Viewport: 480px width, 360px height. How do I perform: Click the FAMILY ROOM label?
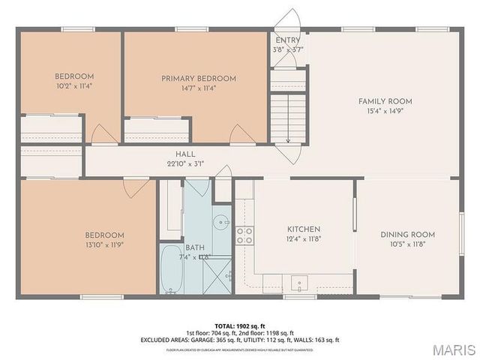385,101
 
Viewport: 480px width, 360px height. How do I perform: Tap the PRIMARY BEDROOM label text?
199,78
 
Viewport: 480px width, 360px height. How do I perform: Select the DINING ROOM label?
407,235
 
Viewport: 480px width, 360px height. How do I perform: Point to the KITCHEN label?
304,229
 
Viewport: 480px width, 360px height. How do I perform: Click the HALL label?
185,154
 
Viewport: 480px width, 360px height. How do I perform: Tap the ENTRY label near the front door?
288,40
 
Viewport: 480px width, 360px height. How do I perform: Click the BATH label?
195,247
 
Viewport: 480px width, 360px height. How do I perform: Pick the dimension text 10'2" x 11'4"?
73,85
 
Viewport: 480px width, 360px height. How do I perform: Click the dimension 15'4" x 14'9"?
385,111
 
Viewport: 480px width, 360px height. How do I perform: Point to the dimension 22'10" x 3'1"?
185,163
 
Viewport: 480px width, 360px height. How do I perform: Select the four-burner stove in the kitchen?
244,236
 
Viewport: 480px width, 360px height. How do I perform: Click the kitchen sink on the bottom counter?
299,283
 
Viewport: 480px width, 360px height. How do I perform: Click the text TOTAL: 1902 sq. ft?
240,325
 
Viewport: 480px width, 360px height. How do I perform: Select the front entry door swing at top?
287,20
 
